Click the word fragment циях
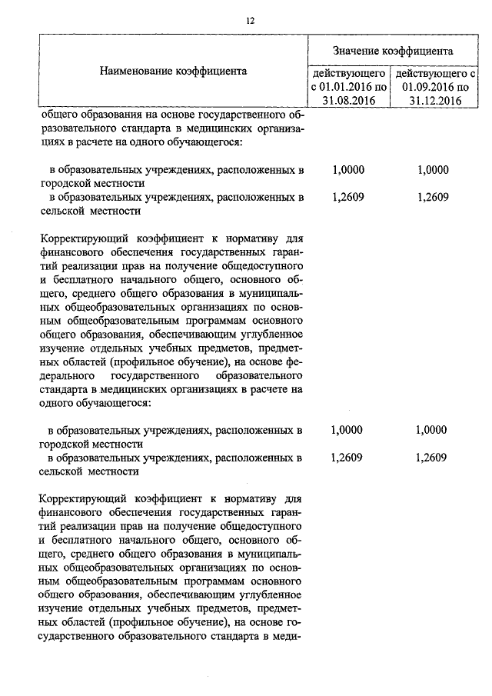click(52, 143)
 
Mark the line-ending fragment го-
click(293, 621)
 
